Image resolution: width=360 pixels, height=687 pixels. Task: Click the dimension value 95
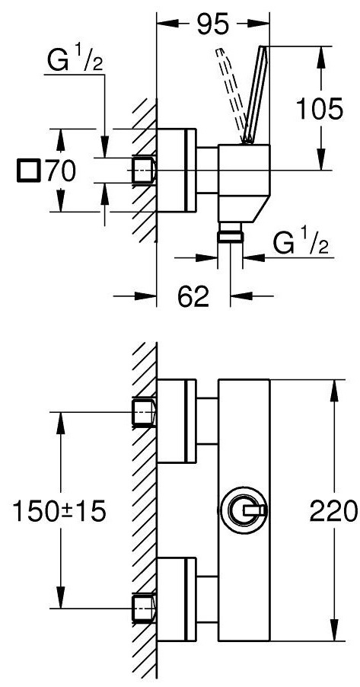coord(213,24)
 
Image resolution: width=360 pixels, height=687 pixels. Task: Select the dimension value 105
coord(319,109)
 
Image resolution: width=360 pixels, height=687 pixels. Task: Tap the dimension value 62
coord(193,297)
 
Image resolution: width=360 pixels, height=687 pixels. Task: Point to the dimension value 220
coord(333,511)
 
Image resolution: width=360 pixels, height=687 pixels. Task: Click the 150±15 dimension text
coord(59,511)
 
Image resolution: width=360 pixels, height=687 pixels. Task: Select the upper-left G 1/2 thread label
coord(75,61)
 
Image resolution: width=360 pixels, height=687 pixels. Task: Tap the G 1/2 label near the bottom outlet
coord(301,243)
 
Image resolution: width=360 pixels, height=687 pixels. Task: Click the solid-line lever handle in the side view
coord(256,94)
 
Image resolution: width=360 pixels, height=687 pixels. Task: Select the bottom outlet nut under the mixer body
coord(231,232)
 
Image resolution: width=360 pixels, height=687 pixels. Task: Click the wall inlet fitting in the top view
coord(144,170)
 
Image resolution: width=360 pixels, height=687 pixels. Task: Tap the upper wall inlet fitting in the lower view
coord(144,412)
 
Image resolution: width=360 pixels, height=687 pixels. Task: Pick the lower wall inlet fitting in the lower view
coord(144,608)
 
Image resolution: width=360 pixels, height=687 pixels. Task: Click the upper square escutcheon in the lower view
coord(177,420)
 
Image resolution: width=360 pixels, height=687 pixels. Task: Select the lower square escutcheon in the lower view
coord(177,599)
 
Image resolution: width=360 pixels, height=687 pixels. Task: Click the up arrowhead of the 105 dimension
coord(321,58)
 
